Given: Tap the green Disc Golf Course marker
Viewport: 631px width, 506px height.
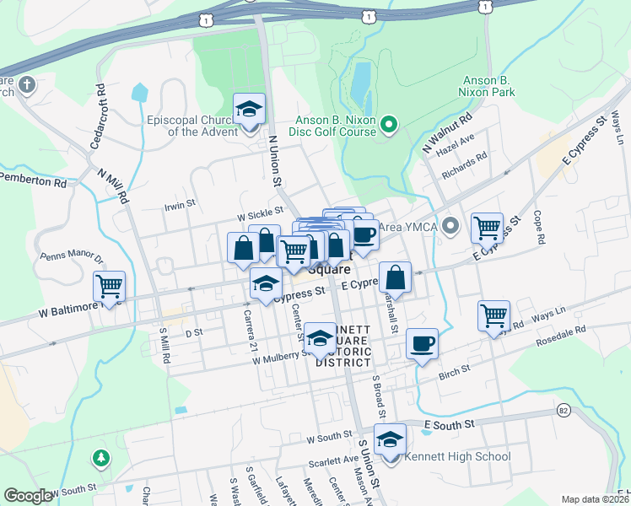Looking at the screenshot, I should pyautogui.click(x=389, y=126).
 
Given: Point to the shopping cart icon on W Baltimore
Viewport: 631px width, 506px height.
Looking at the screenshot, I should pyautogui.click(x=109, y=287).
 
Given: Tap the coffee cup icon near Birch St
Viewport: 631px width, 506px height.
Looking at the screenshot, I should pyautogui.click(x=422, y=344).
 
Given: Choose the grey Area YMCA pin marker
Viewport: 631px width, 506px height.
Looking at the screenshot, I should pyautogui.click(x=450, y=225).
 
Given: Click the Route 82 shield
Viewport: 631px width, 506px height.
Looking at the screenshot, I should pyautogui.click(x=563, y=409).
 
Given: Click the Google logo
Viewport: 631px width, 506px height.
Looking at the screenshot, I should pyautogui.click(x=28, y=496).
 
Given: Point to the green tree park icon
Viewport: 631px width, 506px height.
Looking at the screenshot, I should pyautogui.click(x=100, y=458).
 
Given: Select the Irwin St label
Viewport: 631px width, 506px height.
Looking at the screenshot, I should pyautogui.click(x=180, y=203).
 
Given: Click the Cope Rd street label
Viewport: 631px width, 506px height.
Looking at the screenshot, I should pyautogui.click(x=538, y=227).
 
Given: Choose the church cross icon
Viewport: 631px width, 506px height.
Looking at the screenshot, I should pyautogui.click(x=27, y=84).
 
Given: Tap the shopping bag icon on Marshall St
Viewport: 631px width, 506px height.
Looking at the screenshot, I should pyautogui.click(x=395, y=277).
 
